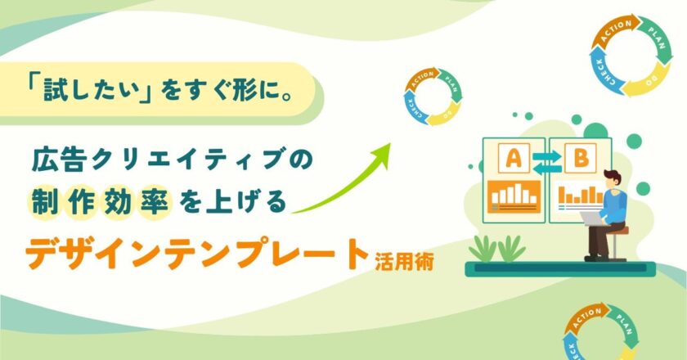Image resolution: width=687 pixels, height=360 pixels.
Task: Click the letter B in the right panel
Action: coord(581,159)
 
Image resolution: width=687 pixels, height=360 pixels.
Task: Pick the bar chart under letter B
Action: coord(577,196)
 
